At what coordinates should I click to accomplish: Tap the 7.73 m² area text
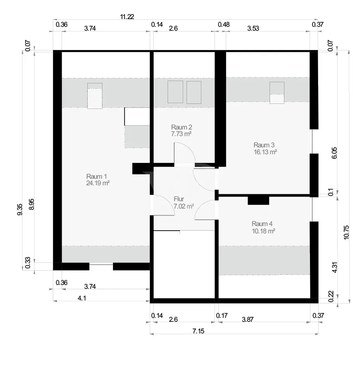pyautogui.click(x=182, y=133)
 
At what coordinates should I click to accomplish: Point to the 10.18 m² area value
pyautogui.click(x=263, y=231)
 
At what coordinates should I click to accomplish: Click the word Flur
pyautogui.click(x=179, y=199)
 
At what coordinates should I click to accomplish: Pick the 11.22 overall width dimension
pyautogui.click(x=127, y=16)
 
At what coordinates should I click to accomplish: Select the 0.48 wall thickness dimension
pyautogui.click(x=223, y=24)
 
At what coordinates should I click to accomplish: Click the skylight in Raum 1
pyautogui.click(x=95, y=95)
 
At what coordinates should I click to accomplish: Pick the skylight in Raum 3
pyautogui.click(x=277, y=93)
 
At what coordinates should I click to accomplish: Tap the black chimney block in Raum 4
pyautogui.click(x=258, y=200)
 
